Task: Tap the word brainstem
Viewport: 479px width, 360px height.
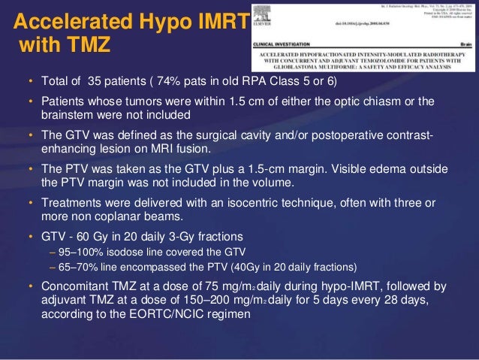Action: click(66, 114)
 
